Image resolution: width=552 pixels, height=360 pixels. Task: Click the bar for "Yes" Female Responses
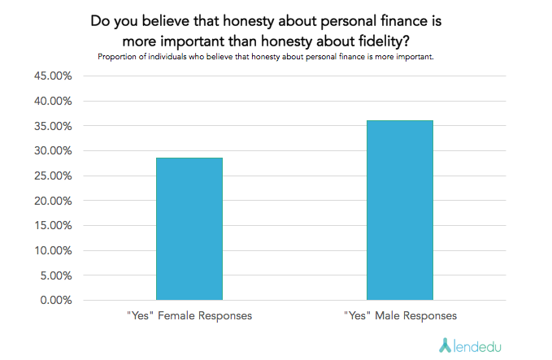tap(189, 228)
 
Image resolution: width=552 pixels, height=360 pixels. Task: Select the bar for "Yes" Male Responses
tap(399, 210)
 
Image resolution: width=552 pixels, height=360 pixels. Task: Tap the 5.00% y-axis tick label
tap(54, 275)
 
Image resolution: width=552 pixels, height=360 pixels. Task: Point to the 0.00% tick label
tap(54, 301)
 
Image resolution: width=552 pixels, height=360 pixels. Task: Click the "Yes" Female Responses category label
tap(189, 315)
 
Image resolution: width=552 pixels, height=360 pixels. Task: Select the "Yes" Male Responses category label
tap(399, 315)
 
